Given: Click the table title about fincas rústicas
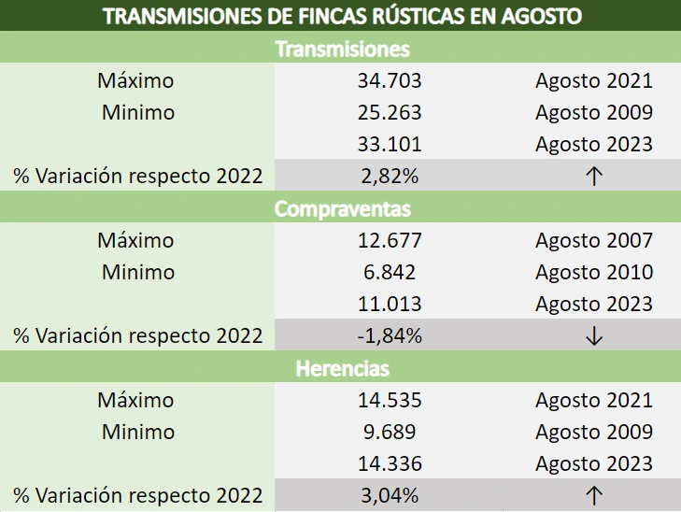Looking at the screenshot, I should click(x=340, y=16).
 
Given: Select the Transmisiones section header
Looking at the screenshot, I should click(x=342, y=49).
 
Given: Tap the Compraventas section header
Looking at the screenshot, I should click(x=342, y=208).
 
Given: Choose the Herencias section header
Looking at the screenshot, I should click(x=342, y=368).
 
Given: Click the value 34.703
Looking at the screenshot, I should click(x=390, y=80).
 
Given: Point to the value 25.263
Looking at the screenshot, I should click(x=390, y=112).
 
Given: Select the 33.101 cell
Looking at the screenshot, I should click(x=390, y=144).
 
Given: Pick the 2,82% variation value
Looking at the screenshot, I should click(x=390, y=176).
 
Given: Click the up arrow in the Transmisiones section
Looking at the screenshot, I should click(x=593, y=177).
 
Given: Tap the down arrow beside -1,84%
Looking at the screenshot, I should click(x=593, y=336).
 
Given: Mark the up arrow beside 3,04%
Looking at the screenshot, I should click(x=593, y=496).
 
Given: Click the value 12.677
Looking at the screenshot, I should click(x=390, y=240).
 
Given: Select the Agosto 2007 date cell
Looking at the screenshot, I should click(x=593, y=240).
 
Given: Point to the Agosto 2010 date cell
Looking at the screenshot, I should click(x=593, y=272).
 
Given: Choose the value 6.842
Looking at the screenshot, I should click(x=390, y=272).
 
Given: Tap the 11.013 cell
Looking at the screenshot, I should click(x=390, y=304).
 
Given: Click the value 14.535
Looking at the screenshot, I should click(x=390, y=400).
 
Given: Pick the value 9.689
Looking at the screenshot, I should click(x=390, y=432).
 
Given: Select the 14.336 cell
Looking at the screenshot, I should click(x=390, y=463).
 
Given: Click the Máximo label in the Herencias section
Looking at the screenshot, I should click(x=135, y=400).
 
